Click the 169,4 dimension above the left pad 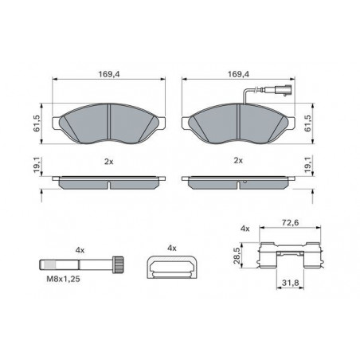tap(109, 74)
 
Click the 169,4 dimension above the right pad tap(238, 74)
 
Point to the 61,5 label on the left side tap(37, 123)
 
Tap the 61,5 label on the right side tap(308, 123)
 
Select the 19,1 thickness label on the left tap(37, 165)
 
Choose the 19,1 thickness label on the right tap(308, 165)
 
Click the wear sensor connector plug tap(283, 90)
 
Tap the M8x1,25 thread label tap(63, 279)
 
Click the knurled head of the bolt tap(118, 264)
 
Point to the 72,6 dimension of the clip tap(290, 223)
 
